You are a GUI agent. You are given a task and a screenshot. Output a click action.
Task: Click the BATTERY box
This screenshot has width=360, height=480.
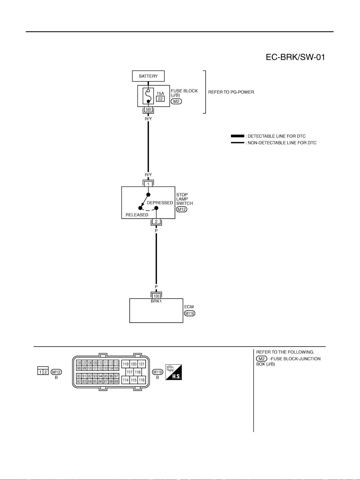(x=148, y=76)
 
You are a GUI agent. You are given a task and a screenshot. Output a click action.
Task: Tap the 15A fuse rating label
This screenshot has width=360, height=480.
(x=160, y=94)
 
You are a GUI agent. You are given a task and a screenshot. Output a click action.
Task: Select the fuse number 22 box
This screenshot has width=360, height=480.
(x=160, y=99)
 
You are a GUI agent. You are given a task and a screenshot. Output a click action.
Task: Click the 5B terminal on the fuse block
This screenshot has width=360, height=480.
(x=148, y=109)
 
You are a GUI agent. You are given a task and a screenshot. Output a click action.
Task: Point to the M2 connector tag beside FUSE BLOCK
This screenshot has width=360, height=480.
(x=176, y=102)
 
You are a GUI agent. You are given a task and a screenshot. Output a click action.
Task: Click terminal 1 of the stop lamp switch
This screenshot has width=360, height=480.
(x=148, y=184)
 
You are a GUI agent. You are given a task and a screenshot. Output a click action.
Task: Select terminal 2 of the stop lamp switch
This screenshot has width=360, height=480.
(x=156, y=221)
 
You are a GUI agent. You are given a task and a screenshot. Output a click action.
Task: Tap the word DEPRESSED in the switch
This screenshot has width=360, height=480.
(x=160, y=203)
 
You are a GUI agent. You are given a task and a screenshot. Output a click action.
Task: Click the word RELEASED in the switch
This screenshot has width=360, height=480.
(x=137, y=215)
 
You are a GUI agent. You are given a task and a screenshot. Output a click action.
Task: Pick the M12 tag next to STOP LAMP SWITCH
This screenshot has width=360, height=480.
(x=182, y=209)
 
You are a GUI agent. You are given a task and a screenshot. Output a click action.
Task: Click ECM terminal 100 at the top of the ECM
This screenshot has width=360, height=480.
(x=156, y=296)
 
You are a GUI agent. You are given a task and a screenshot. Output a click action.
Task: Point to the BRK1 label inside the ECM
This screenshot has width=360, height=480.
(x=156, y=301)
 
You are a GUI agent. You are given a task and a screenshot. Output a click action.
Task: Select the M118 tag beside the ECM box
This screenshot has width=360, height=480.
(x=190, y=313)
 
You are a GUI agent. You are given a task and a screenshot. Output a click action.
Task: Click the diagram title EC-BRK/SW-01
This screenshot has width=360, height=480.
(x=295, y=57)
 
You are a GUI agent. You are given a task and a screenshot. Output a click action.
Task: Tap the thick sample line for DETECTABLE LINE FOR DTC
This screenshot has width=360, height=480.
(x=238, y=136)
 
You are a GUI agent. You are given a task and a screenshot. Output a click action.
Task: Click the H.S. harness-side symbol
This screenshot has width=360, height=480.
(x=174, y=372)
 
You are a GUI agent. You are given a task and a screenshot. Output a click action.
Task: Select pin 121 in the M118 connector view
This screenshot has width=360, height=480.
(x=142, y=364)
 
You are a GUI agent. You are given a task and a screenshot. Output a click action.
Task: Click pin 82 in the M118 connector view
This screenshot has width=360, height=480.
(x=79, y=381)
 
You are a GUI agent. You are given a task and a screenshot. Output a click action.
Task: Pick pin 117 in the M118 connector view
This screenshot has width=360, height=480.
(x=130, y=372)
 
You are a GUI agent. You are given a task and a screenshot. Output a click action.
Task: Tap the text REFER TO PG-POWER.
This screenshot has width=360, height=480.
(x=232, y=92)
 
